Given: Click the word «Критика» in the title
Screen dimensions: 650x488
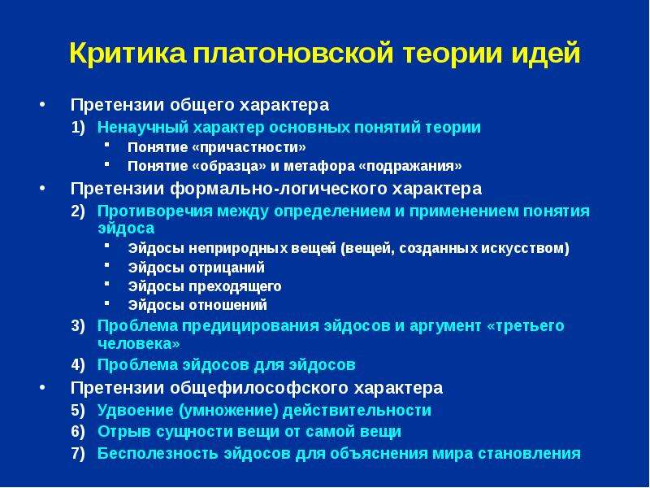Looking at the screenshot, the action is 128,53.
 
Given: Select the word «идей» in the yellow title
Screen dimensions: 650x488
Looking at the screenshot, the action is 545,52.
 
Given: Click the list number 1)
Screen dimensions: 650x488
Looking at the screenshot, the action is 78,128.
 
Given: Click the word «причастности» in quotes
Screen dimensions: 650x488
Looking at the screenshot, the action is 249,147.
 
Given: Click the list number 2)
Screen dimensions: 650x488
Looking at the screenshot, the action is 78,211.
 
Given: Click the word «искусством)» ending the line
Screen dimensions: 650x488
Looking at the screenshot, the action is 525,248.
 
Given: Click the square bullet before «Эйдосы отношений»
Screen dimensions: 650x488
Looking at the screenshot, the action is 107,303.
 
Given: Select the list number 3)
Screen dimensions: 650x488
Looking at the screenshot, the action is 78,326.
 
